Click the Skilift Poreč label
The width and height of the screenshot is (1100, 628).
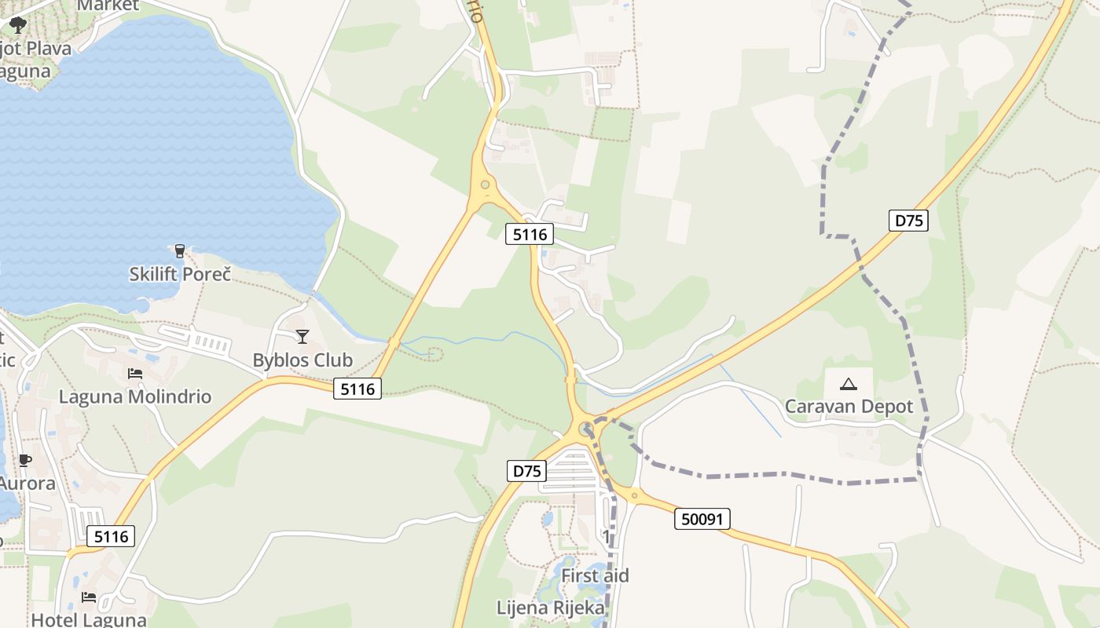click(x=180, y=274)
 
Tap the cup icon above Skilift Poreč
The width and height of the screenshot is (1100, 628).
click(x=180, y=251)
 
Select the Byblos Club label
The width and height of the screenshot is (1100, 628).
click(x=302, y=360)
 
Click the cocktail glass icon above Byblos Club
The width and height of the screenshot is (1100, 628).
click(x=302, y=337)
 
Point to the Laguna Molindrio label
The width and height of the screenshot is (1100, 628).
click(x=135, y=396)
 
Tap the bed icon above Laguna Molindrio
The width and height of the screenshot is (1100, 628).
click(x=135, y=374)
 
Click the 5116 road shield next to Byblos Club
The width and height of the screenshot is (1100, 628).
click(x=357, y=388)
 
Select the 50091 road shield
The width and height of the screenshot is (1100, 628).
click(x=702, y=519)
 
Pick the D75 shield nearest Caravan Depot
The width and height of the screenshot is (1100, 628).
click(x=909, y=221)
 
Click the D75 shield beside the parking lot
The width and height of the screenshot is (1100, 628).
click(x=526, y=471)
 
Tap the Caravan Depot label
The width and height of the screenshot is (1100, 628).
click(x=849, y=407)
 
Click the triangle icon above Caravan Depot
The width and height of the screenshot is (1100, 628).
click(x=848, y=384)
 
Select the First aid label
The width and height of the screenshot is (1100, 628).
click(x=595, y=575)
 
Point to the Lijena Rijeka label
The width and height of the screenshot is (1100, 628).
click(x=551, y=608)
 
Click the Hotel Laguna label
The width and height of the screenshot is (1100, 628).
click(x=89, y=619)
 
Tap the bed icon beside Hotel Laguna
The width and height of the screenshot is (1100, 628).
click(x=89, y=597)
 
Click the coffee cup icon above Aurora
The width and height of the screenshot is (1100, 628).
click(x=25, y=460)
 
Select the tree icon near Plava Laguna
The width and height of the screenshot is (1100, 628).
click(x=17, y=26)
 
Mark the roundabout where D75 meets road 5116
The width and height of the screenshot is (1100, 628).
click(x=585, y=429)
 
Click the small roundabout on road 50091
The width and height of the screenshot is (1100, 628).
click(x=635, y=495)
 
